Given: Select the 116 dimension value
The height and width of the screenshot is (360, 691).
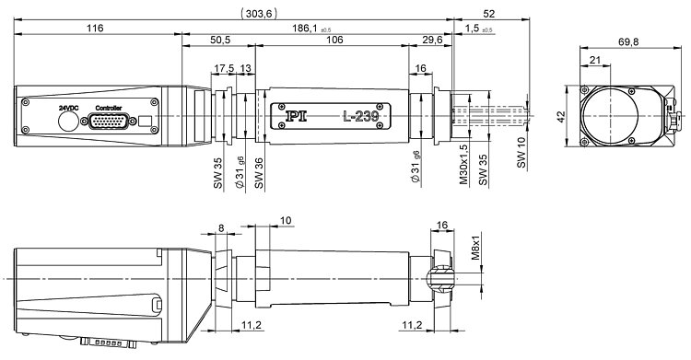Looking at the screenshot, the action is coord(95,29).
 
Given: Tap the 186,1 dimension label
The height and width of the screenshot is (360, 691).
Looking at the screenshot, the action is coord(305,29).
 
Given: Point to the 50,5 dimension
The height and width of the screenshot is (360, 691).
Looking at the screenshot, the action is coord(220,41).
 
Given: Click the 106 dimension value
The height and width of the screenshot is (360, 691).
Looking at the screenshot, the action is coord(334,41).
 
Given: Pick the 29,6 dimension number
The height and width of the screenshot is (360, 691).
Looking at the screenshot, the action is coord(432,41).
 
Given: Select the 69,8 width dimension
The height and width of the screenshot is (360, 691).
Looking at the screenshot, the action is coord(628,42).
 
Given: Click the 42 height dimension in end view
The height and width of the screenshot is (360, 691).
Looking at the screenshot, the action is coord(561,117).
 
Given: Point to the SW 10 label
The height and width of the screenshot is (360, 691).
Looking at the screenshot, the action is coord(521,153).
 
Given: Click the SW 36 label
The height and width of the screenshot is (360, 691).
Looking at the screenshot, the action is coord(259,173).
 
